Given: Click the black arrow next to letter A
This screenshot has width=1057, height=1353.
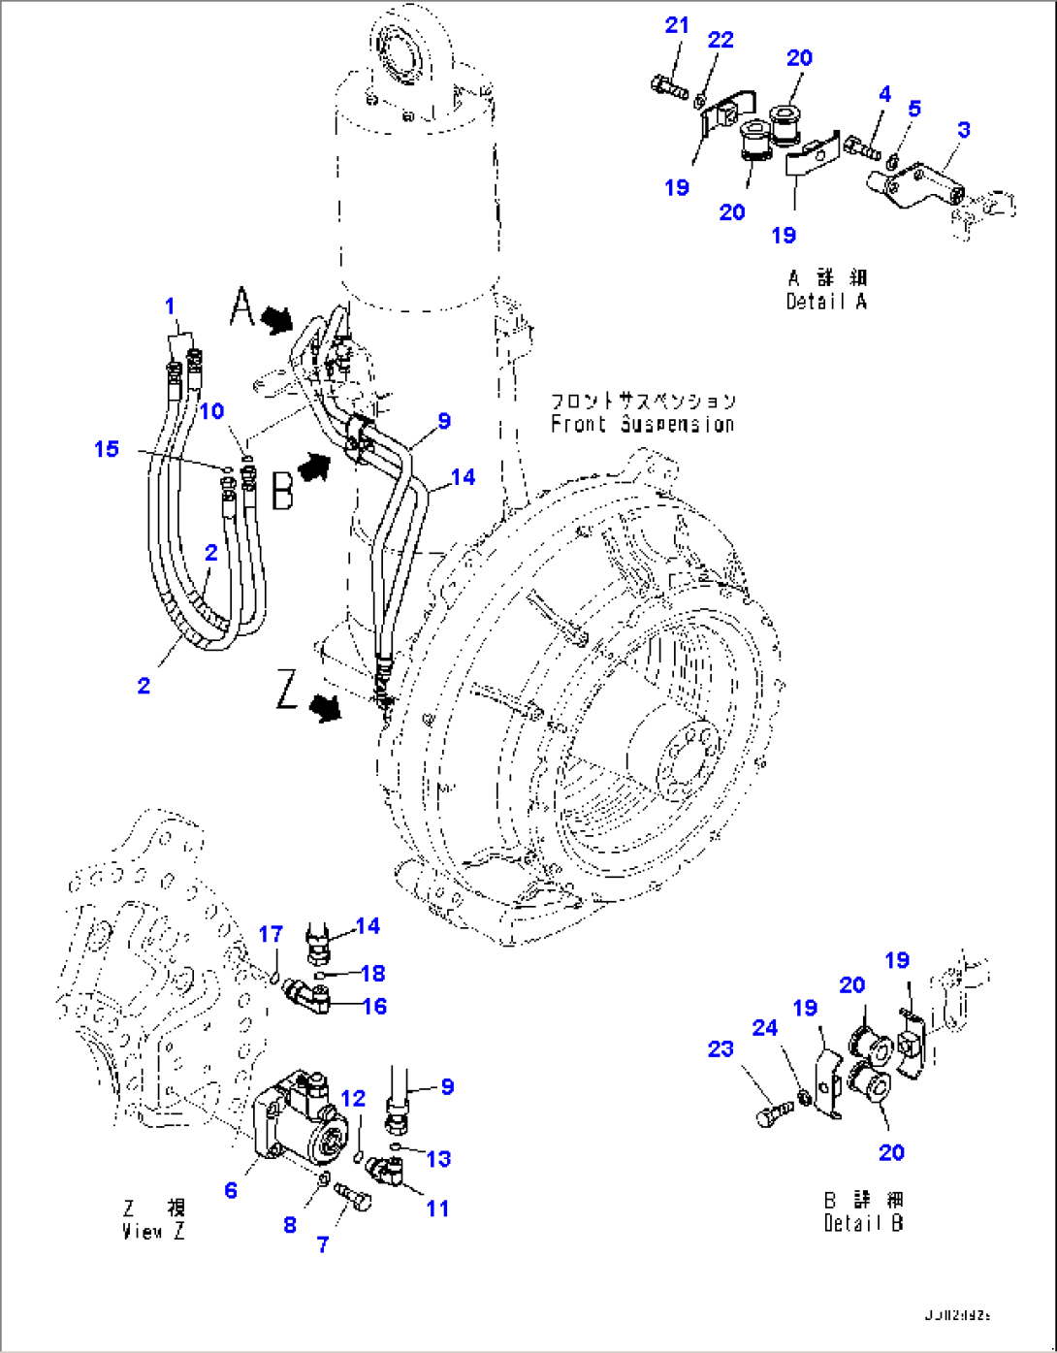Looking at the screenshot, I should click(x=277, y=318).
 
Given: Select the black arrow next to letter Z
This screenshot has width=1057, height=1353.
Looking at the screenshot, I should click(x=326, y=710).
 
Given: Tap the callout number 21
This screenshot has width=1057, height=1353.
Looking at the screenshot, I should click(x=676, y=26).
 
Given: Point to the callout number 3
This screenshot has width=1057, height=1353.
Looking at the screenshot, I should click(x=963, y=129).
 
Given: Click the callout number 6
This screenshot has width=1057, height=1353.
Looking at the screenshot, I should click(x=231, y=1189).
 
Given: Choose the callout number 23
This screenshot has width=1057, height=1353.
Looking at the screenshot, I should click(x=721, y=1049).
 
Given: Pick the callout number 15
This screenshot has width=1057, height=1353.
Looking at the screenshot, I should click(x=107, y=448).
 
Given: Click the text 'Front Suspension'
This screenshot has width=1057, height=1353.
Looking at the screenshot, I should click(x=642, y=424).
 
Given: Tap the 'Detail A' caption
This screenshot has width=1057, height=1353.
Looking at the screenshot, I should click(x=826, y=302).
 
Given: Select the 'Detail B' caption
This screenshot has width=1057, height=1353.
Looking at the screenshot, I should click(x=863, y=1223).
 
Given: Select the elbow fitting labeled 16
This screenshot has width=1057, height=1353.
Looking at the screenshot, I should click(x=309, y=997).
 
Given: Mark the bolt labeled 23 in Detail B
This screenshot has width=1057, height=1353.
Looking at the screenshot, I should click(x=773, y=1112).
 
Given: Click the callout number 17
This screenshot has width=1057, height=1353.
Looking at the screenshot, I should click(x=271, y=934).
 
